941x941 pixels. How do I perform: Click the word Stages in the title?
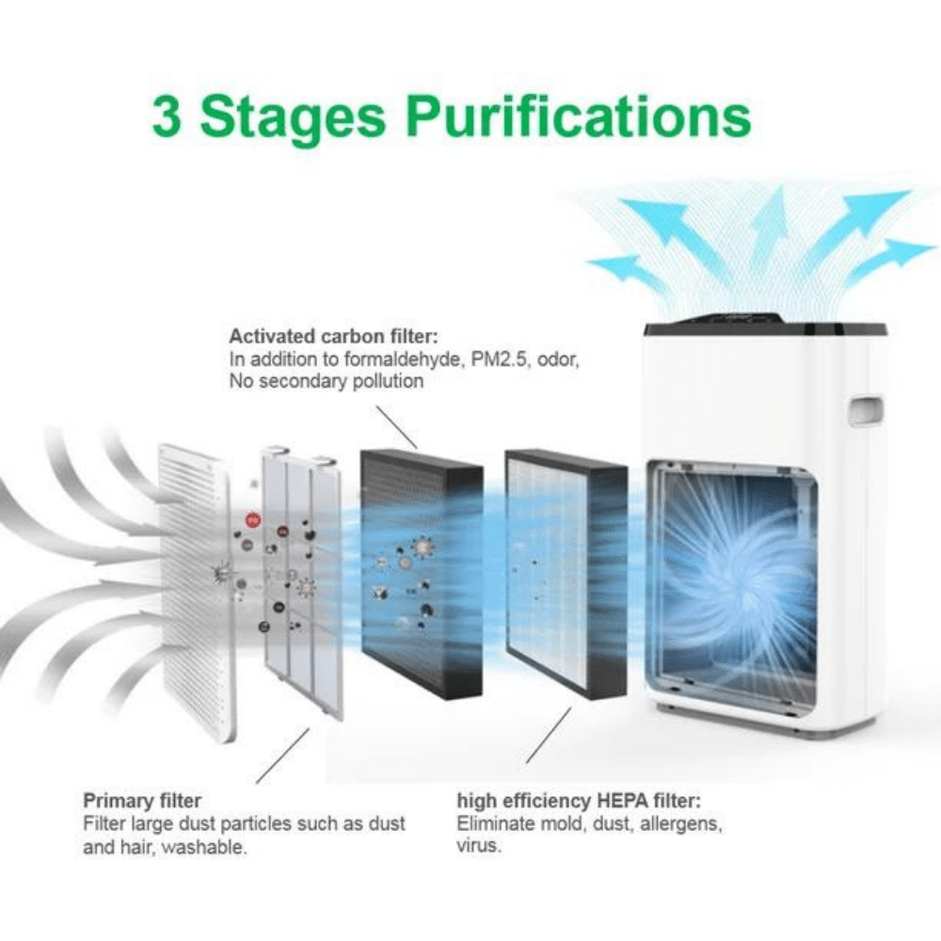pyautogui.click(x=293, y=119)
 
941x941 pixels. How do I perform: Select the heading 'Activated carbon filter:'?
pyautogui.click(x=334, y=336)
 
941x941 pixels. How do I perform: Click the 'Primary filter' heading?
pyautogui.click(x=142, y=801)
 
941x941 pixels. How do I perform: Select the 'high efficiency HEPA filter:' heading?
pyautogui.click(x=579, y=801)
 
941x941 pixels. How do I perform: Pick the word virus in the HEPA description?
pyautogui.click(x=478, y=846)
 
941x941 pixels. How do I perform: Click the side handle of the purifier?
pyautogui.click(x=866, y=410)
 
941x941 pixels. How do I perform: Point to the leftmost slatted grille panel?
pyautogui.click(x=196, y=591)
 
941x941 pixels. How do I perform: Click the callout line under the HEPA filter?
pyautogui.click(x=549, y=735)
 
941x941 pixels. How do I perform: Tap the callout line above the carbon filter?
pyautogui.click(x=396, y=427)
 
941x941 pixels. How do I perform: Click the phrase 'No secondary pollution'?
pyautogui.click(x=327, y=382)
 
